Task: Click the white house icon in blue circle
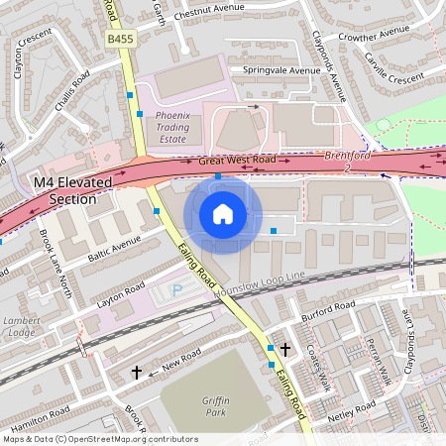tap(223, 214)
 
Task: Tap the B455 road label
tap(119, 39)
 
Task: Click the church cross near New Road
tap(137, 373)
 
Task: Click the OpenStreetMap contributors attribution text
tap(100, 438)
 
